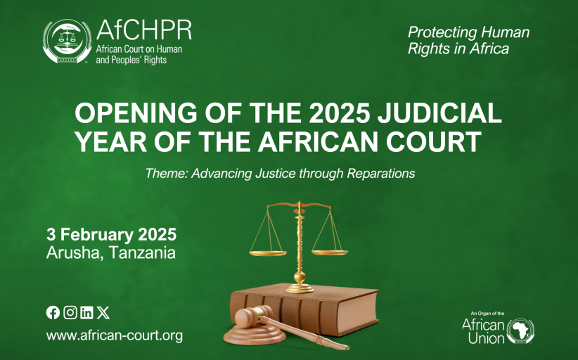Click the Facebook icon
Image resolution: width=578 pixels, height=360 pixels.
point(53,313)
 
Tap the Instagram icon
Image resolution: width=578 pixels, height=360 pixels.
point(70,312)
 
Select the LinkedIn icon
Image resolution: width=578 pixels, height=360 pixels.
point(86,312)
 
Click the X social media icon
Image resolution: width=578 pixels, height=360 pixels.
point(103,312)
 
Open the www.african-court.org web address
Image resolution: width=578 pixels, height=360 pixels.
point(115,335)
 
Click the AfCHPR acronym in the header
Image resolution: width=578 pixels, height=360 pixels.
point(143,30)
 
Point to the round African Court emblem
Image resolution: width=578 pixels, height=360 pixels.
point(67,41)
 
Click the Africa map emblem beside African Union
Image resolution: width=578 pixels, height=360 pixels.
point(520,330)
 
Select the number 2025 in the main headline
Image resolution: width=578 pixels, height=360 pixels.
point(339,112)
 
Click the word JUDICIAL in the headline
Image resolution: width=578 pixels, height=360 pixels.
point(439,112)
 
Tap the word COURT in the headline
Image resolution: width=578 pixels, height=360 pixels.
point(433,141)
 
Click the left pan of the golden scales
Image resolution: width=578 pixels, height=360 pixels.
point(268,253)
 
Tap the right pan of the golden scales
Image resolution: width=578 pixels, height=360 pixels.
point(330,253)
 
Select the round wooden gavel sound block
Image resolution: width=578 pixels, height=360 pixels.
point(255,335)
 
